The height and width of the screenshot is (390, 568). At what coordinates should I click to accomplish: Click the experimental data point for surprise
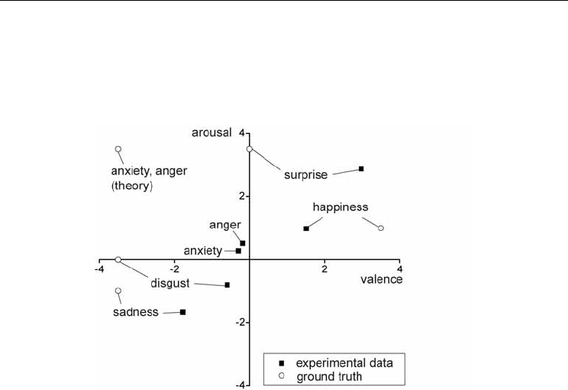(361, 169)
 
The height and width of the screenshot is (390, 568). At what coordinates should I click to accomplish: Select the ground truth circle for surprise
(249, 149)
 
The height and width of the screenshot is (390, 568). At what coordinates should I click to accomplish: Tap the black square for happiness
(306, 229)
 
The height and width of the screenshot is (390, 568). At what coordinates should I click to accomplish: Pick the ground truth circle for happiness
(381, 228)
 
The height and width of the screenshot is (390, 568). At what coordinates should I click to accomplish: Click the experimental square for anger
(243, 243)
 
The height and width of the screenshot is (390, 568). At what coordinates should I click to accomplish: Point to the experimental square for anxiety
(238, 251)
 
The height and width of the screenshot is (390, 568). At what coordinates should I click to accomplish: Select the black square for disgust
(228, 284)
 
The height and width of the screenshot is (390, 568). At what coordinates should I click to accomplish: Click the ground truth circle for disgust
(118, 259)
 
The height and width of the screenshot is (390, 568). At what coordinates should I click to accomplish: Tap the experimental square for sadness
(183, 312)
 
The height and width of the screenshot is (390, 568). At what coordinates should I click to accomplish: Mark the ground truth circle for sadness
(118, 291)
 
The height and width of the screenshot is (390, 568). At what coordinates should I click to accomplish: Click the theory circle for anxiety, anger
(118, 149)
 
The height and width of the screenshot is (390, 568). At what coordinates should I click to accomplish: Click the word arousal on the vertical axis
(211, 133)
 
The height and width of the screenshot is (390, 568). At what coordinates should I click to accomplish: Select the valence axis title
(382, 279)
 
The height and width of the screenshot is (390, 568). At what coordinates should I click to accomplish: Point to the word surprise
(305, 175)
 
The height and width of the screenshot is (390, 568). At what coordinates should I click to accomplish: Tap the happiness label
(340, 207)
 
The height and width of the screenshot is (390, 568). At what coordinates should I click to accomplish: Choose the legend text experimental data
(344, 363)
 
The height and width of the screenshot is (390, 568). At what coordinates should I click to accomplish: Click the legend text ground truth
(329, 377)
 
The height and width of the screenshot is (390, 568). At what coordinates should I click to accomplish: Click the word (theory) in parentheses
(132, 186)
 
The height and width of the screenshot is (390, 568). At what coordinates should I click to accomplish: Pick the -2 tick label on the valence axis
(174, 269)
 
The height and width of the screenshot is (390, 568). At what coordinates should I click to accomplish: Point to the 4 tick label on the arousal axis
(241, 134)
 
